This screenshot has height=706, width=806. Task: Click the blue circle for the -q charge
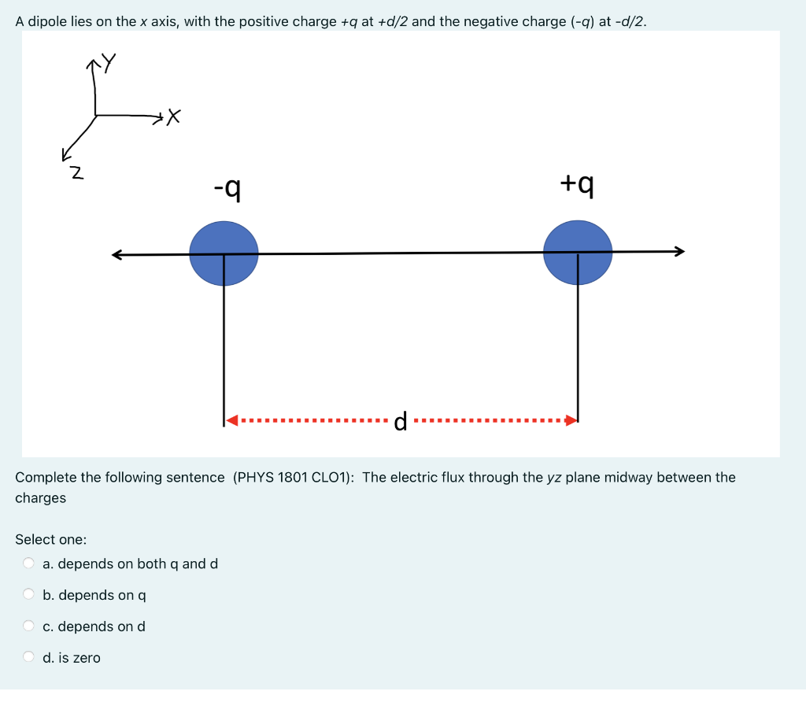coord(224,253)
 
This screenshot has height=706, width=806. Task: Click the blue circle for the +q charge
coord(578,252)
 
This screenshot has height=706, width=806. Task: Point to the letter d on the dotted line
coord(401,423)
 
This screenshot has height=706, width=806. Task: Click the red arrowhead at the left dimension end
coord(232,420)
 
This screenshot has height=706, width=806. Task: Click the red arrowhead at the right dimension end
coord(571,420)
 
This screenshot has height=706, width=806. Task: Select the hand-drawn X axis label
coord(174,118)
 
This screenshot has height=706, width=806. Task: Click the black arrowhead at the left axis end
coord(117,254)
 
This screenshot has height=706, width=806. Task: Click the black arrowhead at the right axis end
coord(679,251)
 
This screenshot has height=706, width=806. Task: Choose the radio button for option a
coord(29,563)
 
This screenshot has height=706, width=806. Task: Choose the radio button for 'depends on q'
coord(29,594)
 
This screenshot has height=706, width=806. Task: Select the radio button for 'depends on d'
coord(29,626)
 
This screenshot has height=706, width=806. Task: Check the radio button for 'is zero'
coord(29,656)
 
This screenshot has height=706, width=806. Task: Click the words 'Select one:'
coord(51,539)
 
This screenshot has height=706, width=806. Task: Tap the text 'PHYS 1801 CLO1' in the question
coord(294,477)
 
